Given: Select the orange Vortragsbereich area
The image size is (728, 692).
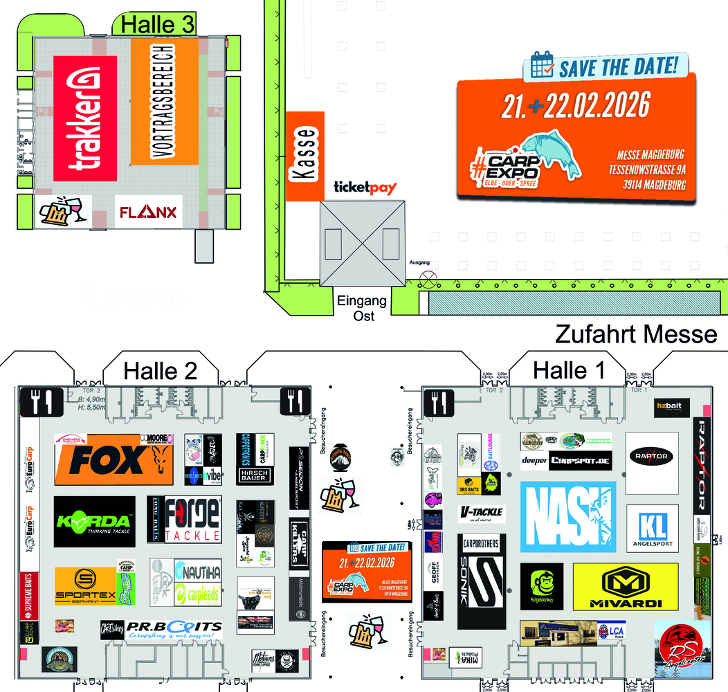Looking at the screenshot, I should point(164,102).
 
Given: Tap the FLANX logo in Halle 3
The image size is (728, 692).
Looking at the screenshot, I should point(148,212).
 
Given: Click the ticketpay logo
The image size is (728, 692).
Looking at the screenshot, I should point(365,188).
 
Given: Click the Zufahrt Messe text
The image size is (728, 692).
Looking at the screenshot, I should point(636,335).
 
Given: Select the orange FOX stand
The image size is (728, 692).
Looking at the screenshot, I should point(113,459).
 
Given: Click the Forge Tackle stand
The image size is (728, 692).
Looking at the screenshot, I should point(184,519).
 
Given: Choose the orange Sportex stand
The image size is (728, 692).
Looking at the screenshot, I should point(85,586).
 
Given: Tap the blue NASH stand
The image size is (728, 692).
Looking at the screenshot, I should point(567,517).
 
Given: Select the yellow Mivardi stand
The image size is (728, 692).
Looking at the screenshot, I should point(625,586).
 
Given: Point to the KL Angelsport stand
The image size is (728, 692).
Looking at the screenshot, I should point(652,529).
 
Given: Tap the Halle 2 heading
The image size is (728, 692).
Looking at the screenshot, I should point(161,372).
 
